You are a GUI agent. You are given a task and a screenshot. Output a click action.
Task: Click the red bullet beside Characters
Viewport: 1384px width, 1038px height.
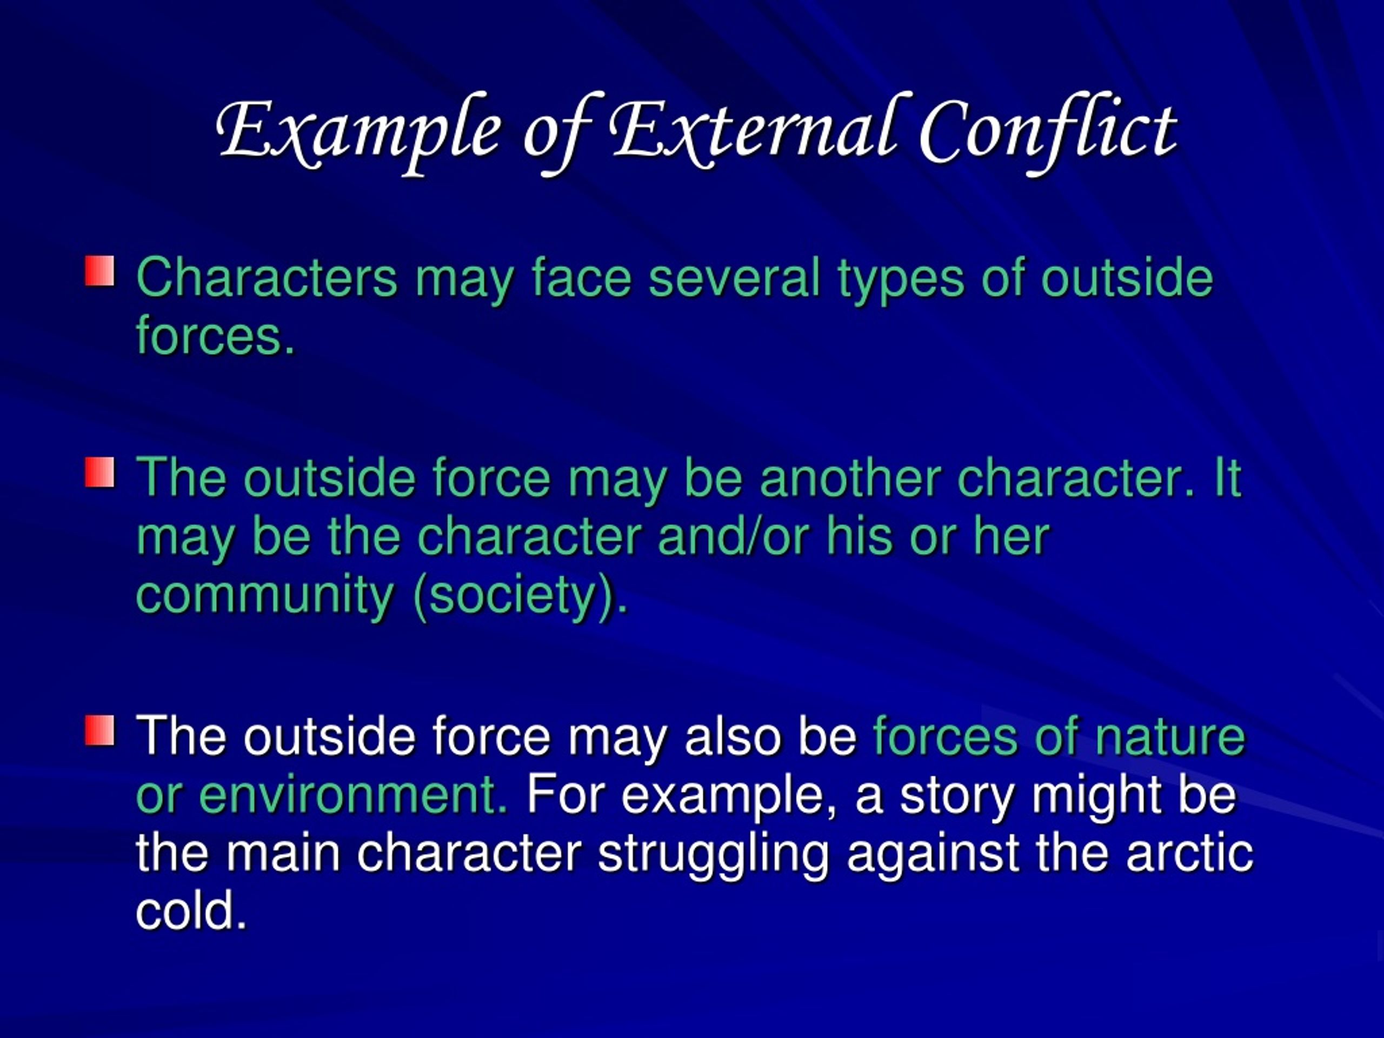(100, 271)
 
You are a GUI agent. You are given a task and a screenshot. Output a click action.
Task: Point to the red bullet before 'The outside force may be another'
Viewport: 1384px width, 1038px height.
(100, 473)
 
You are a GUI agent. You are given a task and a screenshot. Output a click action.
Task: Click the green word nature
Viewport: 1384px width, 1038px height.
(1169, 737)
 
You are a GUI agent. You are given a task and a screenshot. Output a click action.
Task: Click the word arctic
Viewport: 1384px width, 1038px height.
(1189, 854)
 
